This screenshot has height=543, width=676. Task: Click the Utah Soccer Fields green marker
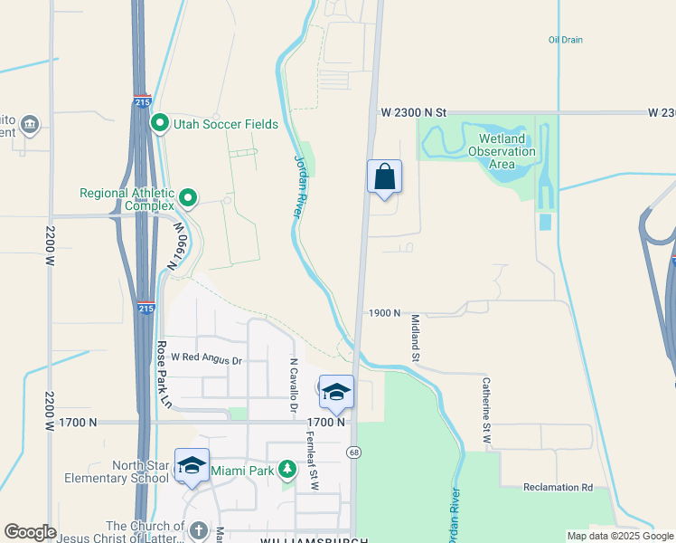pos(161,123)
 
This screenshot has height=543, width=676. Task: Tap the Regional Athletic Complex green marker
pos(188,196)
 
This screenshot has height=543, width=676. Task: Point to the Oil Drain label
pos(565,40)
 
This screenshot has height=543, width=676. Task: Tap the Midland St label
pos(417,338)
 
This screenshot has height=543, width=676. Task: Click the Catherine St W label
pos(486,408)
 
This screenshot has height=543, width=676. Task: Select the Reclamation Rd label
pos(558,487)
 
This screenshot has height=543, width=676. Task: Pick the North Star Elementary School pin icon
pos(192,465)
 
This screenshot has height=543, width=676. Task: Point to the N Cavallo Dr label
pos(293,386)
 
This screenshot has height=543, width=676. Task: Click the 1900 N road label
pos(384,312)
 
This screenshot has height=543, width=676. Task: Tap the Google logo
pos(30,532)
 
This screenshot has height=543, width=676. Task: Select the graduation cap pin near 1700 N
pos(336,392)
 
